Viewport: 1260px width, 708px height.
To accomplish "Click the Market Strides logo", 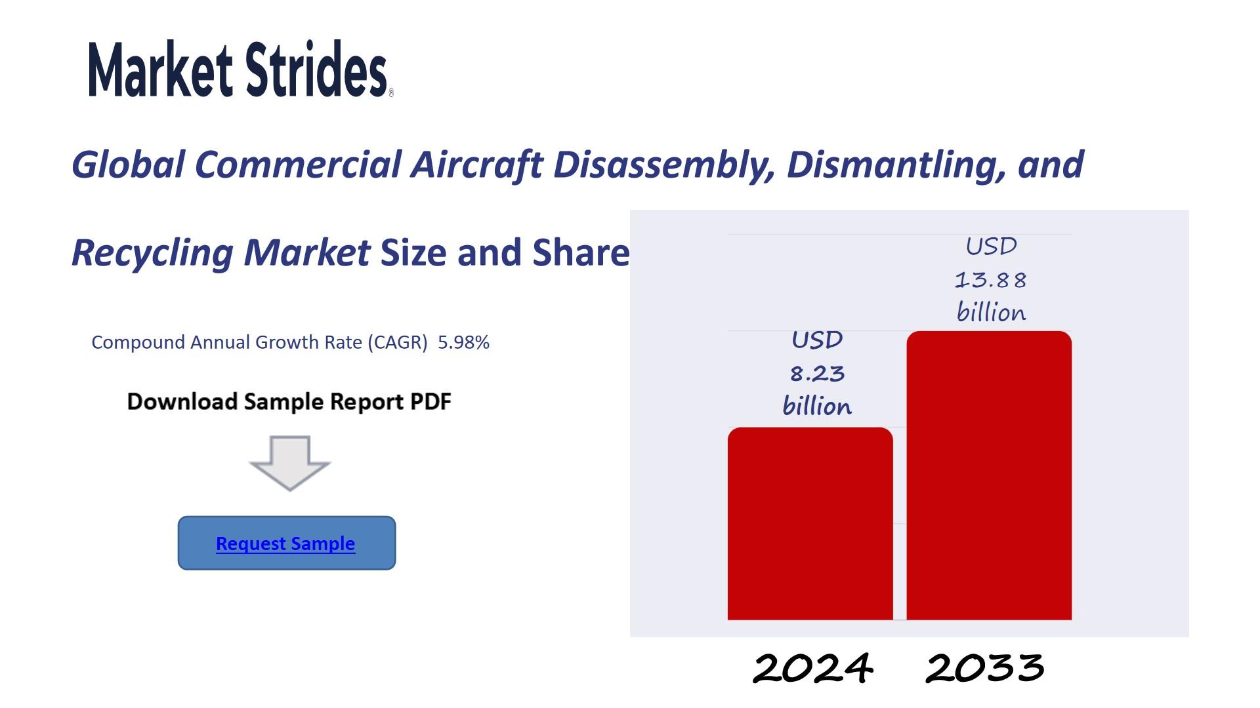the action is [241, 69].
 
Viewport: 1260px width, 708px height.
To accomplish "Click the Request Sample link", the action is [285, 543].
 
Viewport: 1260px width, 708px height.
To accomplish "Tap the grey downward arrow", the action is [289, 463].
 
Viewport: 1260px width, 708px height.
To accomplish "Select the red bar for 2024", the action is [810, 523].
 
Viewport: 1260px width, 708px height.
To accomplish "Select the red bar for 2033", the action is [989, 475].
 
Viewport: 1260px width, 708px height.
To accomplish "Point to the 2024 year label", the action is [812, 668].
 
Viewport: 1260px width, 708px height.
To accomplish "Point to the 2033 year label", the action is [984, 668].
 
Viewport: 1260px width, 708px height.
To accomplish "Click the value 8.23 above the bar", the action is [817, 374].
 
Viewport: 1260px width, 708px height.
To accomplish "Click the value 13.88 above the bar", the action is [990, 280].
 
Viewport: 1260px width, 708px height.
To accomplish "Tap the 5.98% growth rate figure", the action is [463, 342].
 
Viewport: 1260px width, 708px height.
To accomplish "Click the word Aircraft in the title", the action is [476, 164].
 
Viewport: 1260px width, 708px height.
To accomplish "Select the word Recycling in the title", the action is [152, 253].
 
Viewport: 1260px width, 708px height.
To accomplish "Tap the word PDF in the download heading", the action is [430, 401].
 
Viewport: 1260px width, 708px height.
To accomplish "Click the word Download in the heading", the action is [182, 401].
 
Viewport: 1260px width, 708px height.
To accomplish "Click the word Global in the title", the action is [128, 164].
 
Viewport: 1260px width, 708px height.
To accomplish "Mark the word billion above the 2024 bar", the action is [817, 406].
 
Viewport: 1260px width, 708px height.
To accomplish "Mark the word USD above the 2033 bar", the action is [991, 246].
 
